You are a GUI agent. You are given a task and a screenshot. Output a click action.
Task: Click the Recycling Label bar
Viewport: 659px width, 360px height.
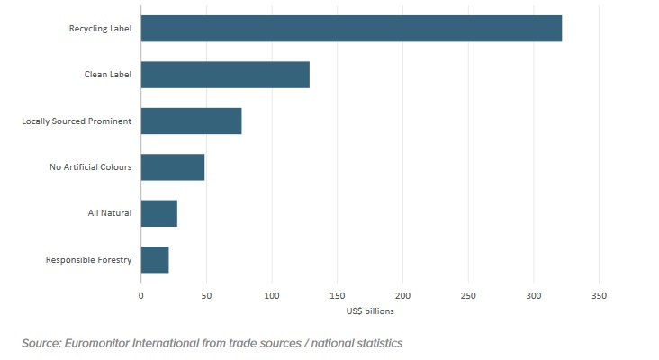351,29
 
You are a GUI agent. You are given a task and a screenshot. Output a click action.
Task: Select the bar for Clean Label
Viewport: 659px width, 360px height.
225,75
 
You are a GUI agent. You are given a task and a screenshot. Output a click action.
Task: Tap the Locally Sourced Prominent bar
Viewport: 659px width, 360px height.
191,121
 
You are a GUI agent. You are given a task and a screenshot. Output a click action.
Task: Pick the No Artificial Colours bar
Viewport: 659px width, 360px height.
173,167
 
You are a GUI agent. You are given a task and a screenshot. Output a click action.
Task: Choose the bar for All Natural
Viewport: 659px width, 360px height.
159,213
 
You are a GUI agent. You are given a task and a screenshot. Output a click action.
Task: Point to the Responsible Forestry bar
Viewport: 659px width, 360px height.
155,259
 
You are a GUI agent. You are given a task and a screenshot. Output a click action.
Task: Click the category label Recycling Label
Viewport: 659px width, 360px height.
101,29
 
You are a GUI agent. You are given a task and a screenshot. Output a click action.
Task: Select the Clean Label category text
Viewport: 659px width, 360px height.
108,75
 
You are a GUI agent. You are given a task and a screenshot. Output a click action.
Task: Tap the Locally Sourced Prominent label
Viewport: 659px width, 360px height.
77,121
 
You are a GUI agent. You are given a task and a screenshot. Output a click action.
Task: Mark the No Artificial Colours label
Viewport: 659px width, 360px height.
90,167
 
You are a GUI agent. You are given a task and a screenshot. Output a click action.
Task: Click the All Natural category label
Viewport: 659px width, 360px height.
111,213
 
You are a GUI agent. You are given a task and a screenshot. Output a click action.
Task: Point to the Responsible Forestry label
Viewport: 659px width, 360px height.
89,260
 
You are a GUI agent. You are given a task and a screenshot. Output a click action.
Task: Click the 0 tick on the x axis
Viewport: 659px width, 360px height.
140,295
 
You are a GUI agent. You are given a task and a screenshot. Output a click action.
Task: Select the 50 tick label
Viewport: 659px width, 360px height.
206,295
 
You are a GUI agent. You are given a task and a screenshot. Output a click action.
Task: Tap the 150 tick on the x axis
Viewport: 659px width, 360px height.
337,295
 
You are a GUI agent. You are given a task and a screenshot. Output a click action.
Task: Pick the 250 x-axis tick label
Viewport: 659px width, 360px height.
468,295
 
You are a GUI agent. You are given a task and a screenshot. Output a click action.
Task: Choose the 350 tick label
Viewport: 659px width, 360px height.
599,295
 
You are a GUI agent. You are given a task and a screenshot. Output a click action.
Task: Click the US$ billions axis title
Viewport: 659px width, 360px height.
369,311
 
